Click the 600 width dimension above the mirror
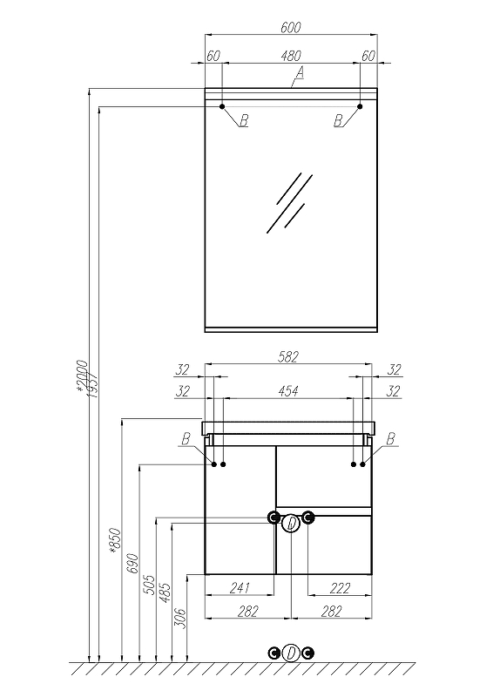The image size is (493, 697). [x=291, y=27]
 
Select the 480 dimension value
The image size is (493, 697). [x=291, y=56]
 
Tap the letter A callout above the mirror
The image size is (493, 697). [x=300, y=72]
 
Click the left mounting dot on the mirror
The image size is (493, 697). [x=222, y=106]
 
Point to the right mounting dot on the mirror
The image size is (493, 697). [x=360, y=106]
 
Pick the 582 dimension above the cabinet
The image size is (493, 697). [x=288, y=357]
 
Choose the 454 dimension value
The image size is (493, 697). [x=288, y=391]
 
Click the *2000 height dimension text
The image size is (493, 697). [x=82, y=376]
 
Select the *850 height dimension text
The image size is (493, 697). [x=115, y=539]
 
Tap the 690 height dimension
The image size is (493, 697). [x=132, y=563]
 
